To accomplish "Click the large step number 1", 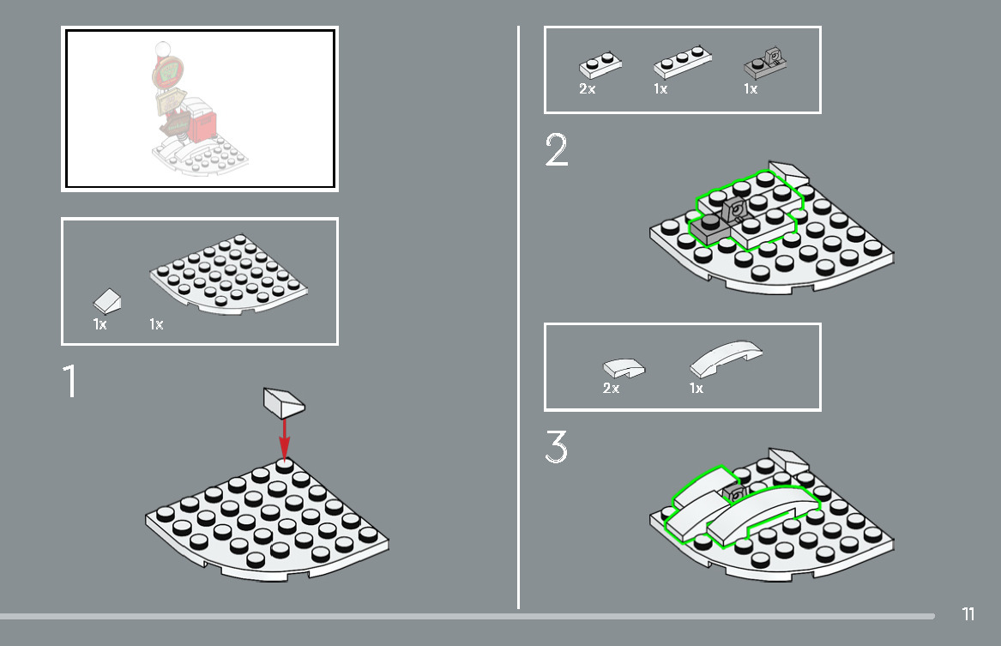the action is click(x=70, y=381).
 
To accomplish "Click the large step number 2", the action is click(x=556, y=149).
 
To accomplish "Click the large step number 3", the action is click(x=556, y=446).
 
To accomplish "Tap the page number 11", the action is click(x=968, y=614).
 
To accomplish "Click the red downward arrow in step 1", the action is click(x=285, y=439).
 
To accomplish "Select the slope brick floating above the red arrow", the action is click(x=284, y=401).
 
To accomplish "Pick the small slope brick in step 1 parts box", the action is click(x=107, y=301).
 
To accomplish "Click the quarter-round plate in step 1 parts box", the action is click(x=229, y=274).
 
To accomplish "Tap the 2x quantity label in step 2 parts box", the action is click(x=587, y=88).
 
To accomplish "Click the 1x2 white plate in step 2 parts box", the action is click(x=600, y=64).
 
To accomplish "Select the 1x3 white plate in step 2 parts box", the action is click(x=683, y=63).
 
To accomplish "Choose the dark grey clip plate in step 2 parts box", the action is click(x=765, y=63).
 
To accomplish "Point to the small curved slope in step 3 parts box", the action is click(x=624, y=368).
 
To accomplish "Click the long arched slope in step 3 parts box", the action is click(x=726, y=358).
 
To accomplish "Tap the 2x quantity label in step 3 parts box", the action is click(x=611, y=388).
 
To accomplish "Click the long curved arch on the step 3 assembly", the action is click(x=763, y=510).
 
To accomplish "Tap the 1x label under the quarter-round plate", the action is click(x=156, y=324).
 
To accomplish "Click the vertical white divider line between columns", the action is click(x=518, y=317).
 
